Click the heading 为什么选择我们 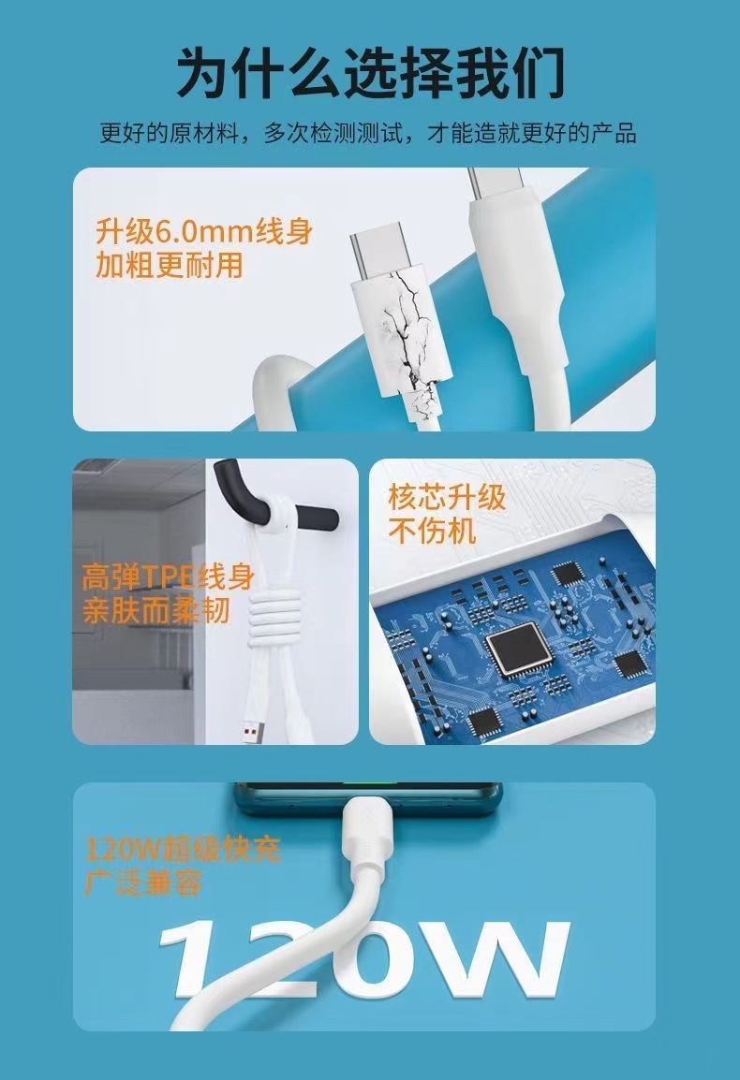[370, 72]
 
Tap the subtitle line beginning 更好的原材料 [367, 132]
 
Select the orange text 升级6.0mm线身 [204, 231]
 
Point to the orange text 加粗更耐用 [170, 265]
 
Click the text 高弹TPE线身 [169, 576]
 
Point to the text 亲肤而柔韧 [155, 610]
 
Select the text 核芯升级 [447, 497]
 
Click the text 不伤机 [432, 531]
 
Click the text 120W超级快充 [183, 850]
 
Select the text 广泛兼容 [143, 883]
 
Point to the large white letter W [499, 959]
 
